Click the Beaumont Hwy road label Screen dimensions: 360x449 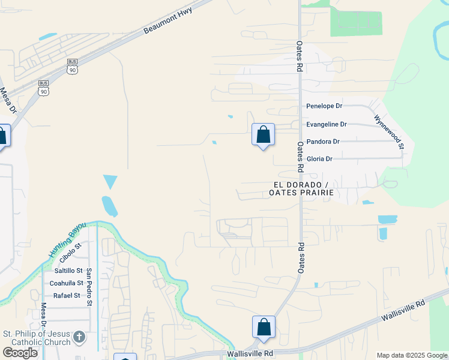167,21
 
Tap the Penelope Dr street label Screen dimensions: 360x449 324,106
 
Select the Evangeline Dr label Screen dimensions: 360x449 327,124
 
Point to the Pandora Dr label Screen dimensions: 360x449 323,142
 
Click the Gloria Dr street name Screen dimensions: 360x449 319,158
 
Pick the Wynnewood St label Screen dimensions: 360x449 390,132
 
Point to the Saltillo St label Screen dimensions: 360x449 68,271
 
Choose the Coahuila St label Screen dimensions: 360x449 66,283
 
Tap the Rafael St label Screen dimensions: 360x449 67,295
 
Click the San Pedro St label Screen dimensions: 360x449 89,287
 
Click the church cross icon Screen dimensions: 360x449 79,338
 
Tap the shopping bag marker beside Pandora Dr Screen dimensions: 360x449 263,135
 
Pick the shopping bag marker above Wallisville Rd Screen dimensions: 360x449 264,328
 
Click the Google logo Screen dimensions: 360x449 20,352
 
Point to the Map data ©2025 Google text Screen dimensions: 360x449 412,355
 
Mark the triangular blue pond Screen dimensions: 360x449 110,181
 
